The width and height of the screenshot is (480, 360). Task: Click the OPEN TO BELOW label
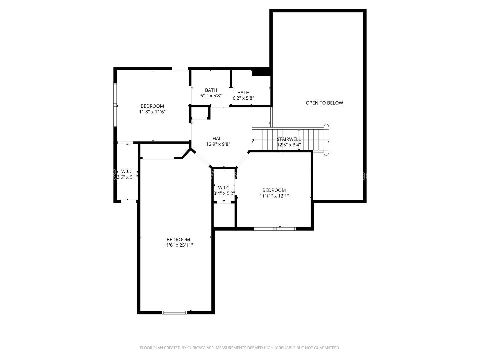[324, 103]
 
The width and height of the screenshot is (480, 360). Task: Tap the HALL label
[218, 138]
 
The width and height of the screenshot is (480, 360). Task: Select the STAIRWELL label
[289, 139]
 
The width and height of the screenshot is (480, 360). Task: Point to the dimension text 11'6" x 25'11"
[178, 245]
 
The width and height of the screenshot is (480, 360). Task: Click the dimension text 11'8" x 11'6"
[152, 112]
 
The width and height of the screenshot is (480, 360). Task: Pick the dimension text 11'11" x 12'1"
[274, 196]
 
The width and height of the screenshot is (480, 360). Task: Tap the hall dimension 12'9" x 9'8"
[218, 144]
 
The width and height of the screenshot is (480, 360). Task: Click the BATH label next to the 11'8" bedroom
[211, 90]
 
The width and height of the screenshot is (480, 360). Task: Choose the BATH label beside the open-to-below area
[243, 92]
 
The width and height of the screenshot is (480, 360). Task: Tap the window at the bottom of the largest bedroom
[175, 313]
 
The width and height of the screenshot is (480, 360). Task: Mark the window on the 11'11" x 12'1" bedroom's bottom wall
[275, 229]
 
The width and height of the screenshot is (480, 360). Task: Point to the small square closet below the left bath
[200, 112]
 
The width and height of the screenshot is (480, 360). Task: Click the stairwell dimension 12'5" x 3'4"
[289, 145]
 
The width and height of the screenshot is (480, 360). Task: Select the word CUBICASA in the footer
[196, 348]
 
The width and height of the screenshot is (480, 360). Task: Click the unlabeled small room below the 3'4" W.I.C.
[224, 215]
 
